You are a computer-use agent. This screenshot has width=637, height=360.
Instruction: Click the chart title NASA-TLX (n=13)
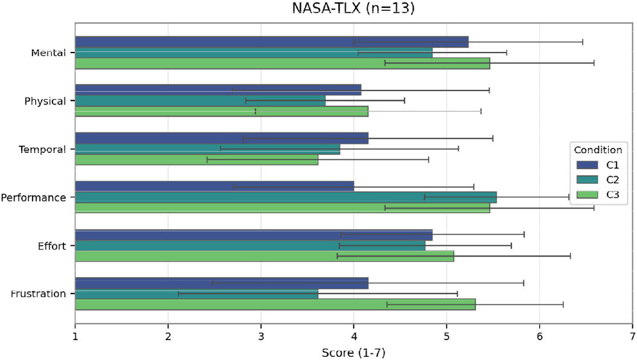pos(353,8)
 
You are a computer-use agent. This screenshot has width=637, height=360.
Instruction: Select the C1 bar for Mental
pos(272,42)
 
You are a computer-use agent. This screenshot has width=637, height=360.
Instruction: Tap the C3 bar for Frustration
pos(275,304)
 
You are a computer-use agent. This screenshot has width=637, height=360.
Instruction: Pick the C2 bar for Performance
pos(286,198)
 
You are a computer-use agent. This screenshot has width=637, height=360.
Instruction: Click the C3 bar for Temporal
pos(197,159)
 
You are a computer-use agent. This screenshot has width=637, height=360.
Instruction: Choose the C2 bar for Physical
pos(200,101)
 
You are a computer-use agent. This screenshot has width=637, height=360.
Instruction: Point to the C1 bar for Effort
pos(254,235)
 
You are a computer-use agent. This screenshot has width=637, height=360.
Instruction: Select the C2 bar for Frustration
pos(197,294)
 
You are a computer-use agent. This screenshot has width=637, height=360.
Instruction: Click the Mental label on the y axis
pos(48,53)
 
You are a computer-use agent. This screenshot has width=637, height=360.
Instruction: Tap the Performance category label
pos(33,198)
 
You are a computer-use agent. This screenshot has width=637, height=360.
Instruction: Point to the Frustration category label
pos(38,294)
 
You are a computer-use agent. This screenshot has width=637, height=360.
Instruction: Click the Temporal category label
pos(42,150)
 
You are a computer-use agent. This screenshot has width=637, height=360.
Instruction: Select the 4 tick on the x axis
pos(353,336)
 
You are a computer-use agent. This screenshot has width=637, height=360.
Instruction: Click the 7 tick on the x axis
pos(632,336)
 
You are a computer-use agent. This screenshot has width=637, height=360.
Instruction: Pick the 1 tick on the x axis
pos(75,336)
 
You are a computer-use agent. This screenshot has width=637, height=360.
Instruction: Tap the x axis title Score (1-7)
pos(353,353)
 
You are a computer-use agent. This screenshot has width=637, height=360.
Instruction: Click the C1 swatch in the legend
pos(587,165)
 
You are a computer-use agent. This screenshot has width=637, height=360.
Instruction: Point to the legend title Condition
pos(598,150)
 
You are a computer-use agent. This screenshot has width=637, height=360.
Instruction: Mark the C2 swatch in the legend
pos(587,179)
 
